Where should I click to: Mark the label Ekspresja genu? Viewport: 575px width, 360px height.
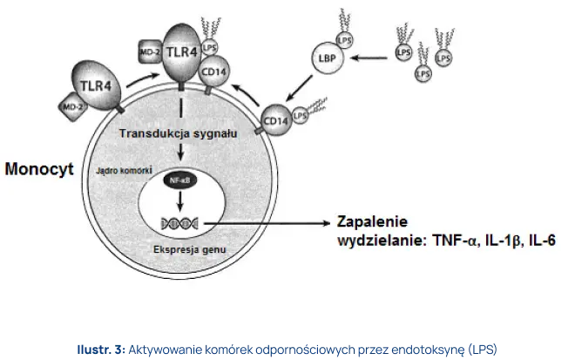click(x=180, y=250)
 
